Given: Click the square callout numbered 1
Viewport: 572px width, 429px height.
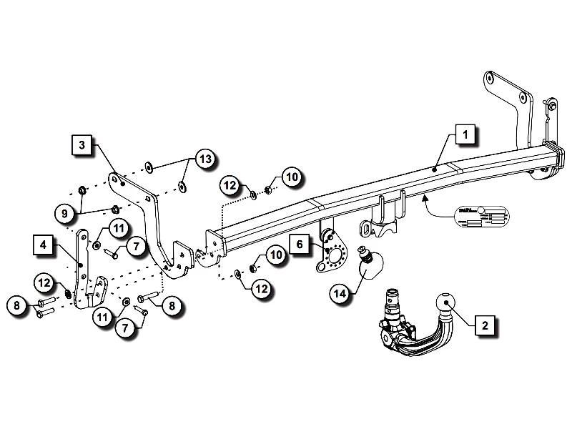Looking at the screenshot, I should click(464, 134).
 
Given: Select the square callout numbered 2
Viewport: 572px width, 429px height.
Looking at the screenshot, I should click(485, 325).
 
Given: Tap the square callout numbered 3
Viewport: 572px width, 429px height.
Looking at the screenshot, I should click(83, 145).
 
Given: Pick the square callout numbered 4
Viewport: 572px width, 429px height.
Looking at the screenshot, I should click(44, 245).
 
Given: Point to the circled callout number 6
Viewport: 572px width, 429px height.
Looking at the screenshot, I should click(300, 245).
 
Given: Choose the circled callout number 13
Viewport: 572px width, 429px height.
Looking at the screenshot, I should click(205, 159).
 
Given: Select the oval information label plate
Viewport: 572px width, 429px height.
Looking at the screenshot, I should click(479, 217).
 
